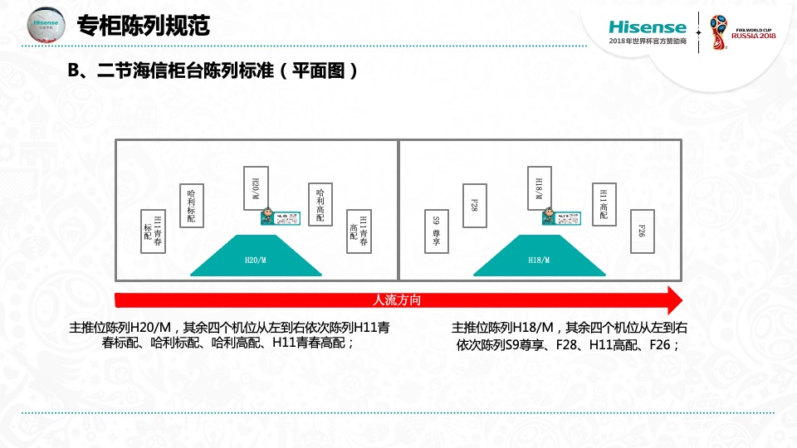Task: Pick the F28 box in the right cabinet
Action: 473,206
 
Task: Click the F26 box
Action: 642,231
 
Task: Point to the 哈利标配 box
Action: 192,206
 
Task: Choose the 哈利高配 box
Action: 320,206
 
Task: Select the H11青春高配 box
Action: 359,231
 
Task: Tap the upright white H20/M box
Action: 256,188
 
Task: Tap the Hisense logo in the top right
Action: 648,27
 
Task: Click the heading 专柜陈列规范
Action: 143,27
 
